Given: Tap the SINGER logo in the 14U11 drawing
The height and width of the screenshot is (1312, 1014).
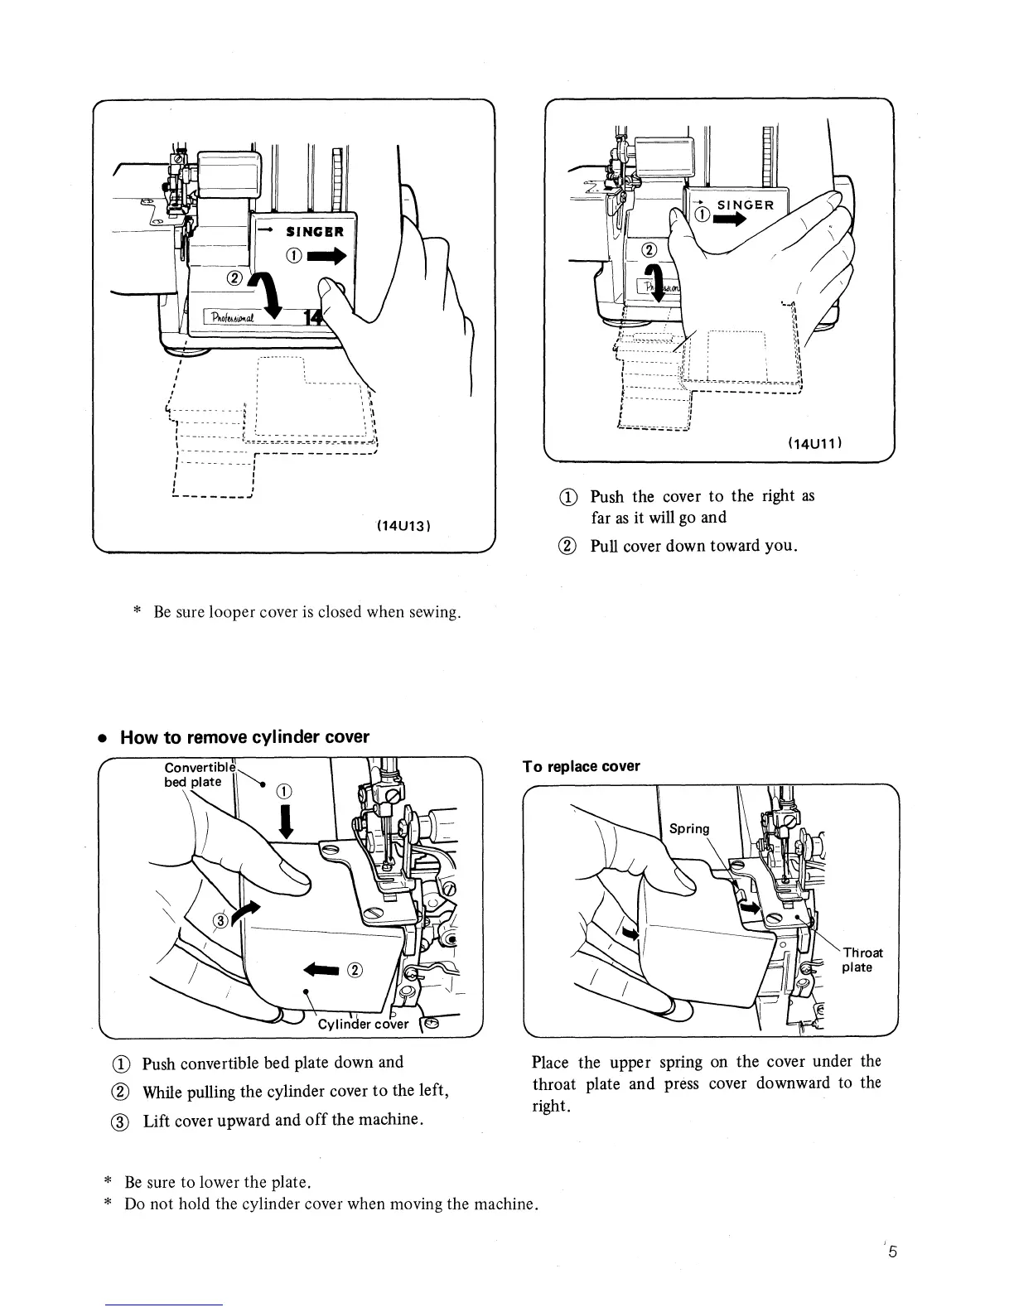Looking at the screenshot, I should [x=745, y=205].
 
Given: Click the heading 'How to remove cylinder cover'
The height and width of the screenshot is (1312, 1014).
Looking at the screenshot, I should [x=244, y=737].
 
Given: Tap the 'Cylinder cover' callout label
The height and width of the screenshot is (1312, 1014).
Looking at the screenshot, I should [x=364, y=1023].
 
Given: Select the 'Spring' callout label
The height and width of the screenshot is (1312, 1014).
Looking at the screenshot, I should [x=689, y=829].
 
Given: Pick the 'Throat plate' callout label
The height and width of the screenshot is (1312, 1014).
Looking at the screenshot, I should [x=862, y=960].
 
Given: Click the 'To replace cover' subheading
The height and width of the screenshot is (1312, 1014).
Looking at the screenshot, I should [x=581, y=766].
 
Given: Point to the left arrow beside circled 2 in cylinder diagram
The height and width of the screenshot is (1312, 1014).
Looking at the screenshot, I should [x=321, y=969].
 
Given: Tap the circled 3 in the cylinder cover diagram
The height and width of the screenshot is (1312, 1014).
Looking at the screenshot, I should [x=221, y=920].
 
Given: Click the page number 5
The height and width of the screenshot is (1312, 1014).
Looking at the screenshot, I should [x=892, y=1252].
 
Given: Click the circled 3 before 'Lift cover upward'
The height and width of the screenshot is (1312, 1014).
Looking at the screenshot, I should [x=127, y=1121].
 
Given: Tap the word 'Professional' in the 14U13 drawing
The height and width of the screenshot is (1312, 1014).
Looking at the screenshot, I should [x=234, y=319].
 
